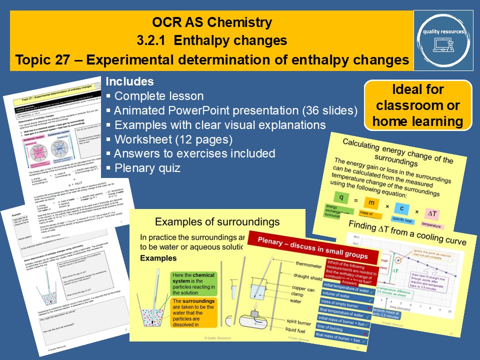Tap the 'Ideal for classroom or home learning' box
point(418,105)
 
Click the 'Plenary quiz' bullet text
point(147,168)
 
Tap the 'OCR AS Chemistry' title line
point(212,22)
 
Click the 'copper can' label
point(303,290)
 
